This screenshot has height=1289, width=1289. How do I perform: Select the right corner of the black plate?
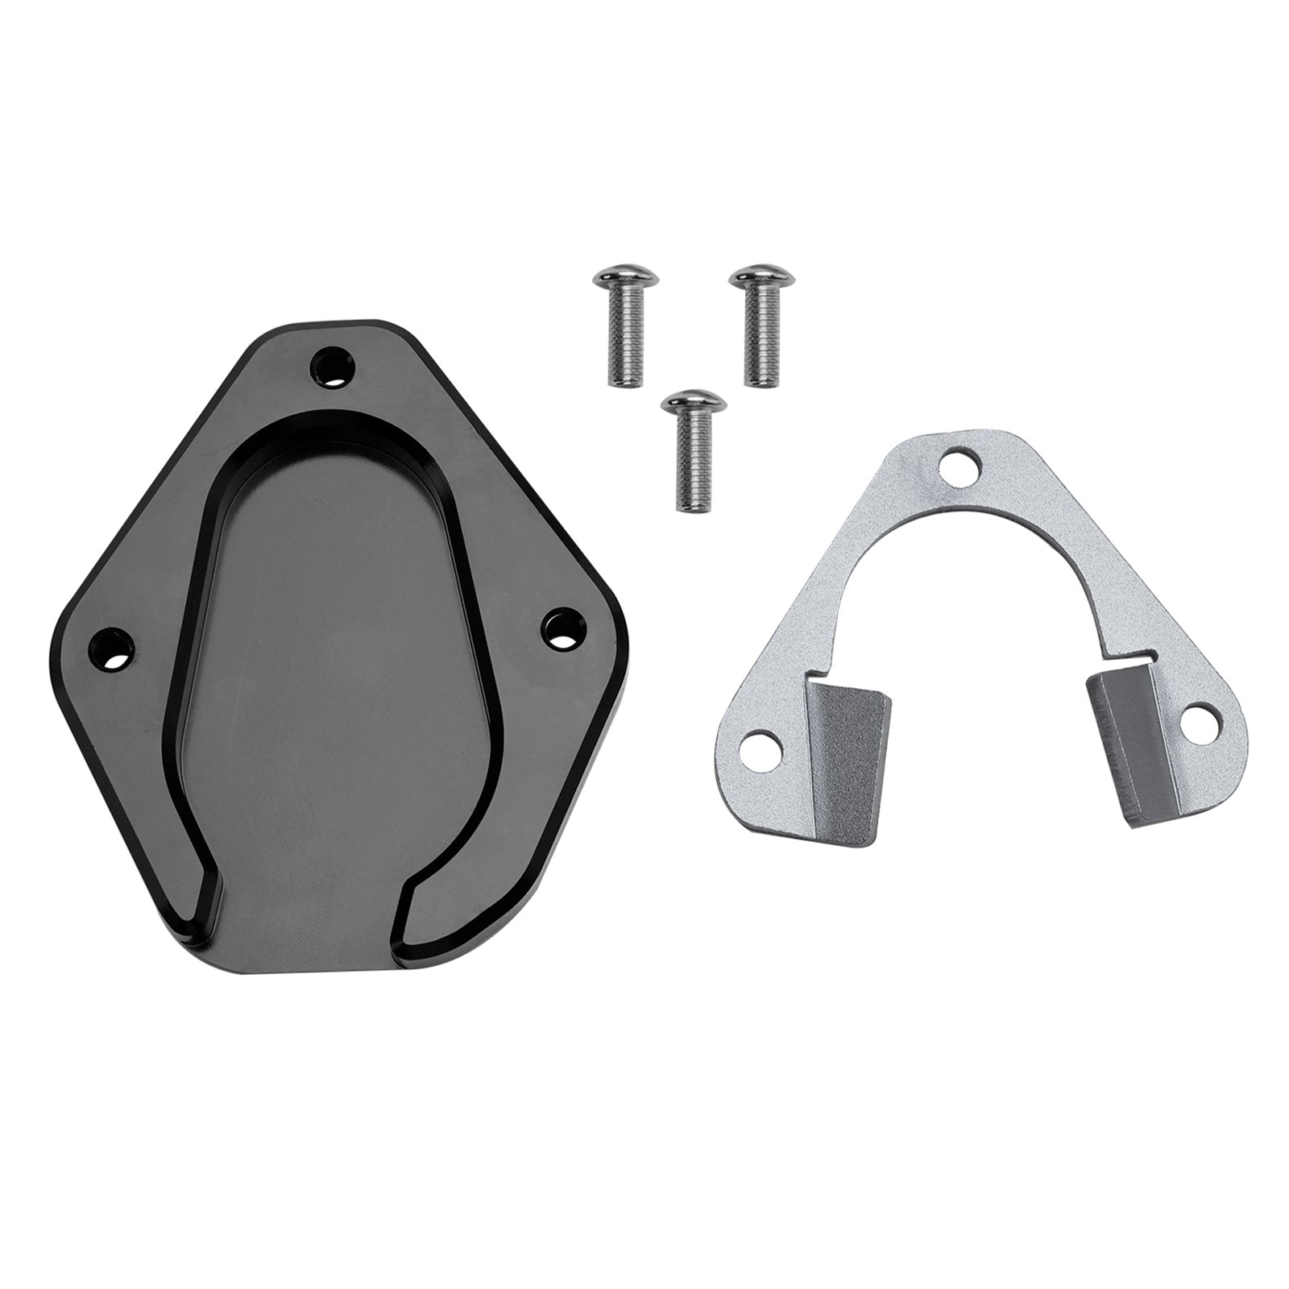620,644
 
